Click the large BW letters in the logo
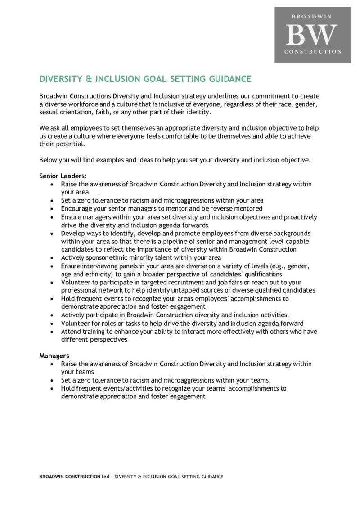click(x=312, y=34)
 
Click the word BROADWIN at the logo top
click(x=312, y=17)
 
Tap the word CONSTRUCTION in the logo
click(x=313, y=52)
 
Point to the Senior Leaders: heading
click(x=63, y=176)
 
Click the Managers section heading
click(x=54, y=356)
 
